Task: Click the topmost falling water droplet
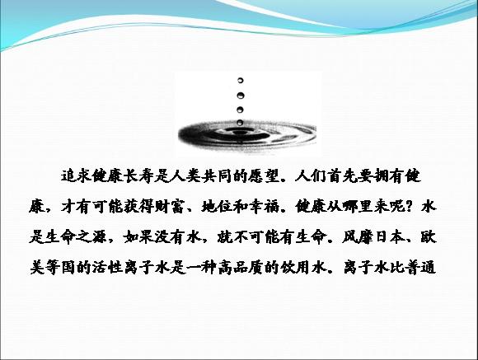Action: coord(240,81)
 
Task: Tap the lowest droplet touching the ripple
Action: coord(240,123)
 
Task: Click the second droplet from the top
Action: coord(240,96)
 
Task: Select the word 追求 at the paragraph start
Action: coord(76,176)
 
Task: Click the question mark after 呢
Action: coord(410,207)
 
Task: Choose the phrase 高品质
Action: coord(240,268)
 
